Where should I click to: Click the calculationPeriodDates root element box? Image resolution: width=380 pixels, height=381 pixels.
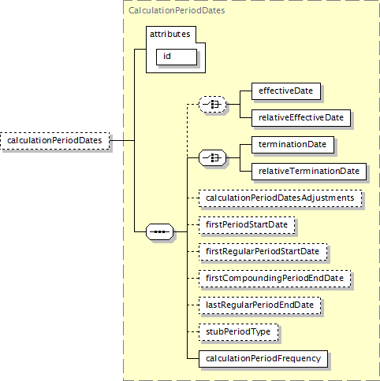pos(55,141)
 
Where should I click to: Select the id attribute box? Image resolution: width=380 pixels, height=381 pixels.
pos(177,57)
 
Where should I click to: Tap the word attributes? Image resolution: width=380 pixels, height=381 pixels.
pos(170,34)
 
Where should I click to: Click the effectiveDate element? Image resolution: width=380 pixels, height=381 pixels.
pos(286,91)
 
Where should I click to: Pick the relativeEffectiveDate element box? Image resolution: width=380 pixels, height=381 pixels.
pos(301,118)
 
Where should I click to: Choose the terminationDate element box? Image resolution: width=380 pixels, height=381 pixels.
pos(292,145)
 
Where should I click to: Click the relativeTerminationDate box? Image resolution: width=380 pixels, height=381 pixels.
pos(309,172)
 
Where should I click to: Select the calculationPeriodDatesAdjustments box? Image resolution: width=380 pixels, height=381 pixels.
pos(280,198)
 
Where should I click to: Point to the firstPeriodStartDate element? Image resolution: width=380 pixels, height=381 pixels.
pos(247,225)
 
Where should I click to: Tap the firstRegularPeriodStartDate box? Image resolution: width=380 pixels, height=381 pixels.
pos(263,252)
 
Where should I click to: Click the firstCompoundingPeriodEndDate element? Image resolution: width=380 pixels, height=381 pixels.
pos(274,279)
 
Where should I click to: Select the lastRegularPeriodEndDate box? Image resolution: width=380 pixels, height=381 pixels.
pos(259,305)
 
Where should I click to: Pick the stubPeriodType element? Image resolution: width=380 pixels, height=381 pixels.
pos(238,332)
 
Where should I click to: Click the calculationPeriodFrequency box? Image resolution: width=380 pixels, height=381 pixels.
pos(263,359)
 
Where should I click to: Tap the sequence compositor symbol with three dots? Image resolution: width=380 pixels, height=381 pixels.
pos(159,231)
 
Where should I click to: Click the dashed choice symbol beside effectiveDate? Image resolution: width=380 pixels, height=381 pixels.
pos(212,105)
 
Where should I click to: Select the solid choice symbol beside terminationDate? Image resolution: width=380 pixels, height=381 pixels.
pos(212,158)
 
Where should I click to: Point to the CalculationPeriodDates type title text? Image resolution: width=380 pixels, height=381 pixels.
pos(177,10)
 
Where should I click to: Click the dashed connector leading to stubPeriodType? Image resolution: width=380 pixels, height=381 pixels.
pos(193,332)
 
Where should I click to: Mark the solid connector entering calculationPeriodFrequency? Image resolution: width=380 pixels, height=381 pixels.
pos(193,359)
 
